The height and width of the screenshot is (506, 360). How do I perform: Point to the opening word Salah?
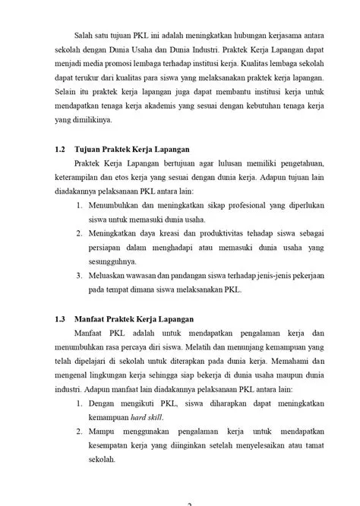click(x=86, y=34)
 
